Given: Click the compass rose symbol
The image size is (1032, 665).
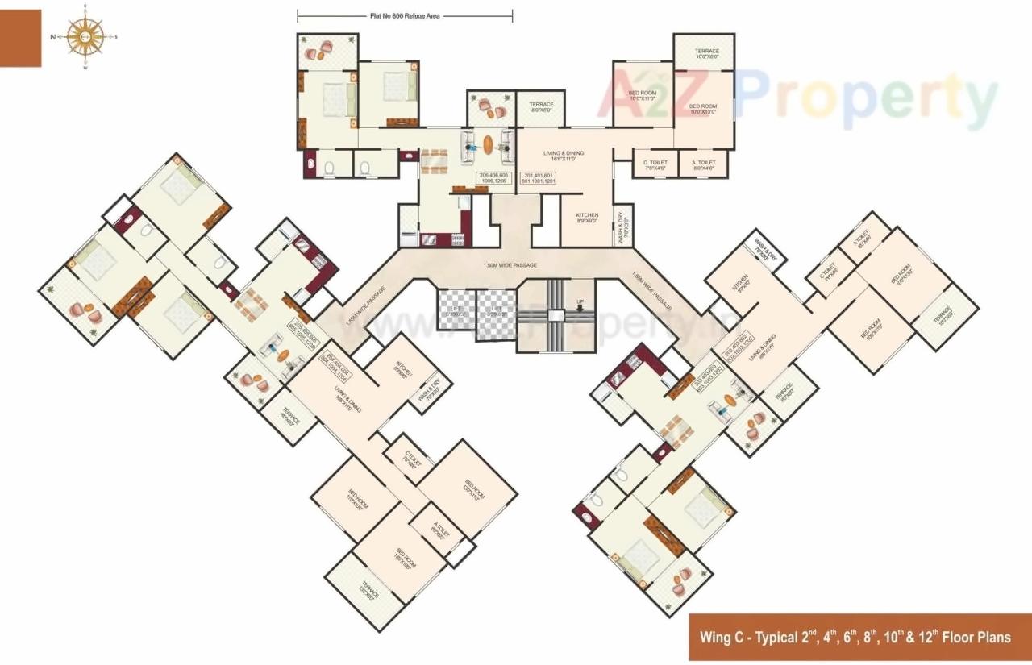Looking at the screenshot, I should pos(85,36).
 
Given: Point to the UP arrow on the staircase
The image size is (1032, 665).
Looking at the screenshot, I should pos(579,305).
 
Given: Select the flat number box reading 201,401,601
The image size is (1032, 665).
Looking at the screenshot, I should pos(539,178).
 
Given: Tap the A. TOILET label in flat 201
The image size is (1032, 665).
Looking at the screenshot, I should pos(704,165).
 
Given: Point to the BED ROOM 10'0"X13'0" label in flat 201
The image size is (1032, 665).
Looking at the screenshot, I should pos(703,109).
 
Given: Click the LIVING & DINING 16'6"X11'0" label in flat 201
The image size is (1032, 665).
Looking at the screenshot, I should pos(564,156).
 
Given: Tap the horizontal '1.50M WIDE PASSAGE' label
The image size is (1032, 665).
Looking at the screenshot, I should pos(510,264).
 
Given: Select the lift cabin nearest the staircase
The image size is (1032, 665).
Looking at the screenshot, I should pos(495,309).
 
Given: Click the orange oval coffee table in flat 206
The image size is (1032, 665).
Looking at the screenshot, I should pos(489,143).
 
